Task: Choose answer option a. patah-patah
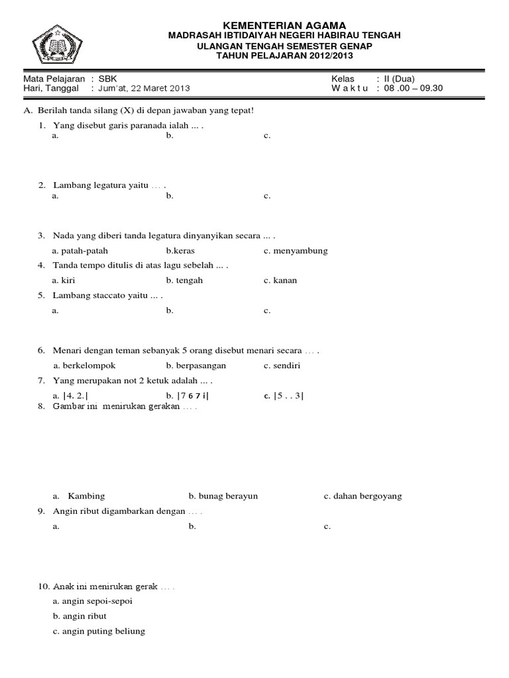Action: [80, 251]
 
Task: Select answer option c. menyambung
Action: [296, 251]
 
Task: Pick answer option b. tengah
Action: [185, 280]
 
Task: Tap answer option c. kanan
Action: [280, 280]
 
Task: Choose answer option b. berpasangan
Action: [197, 365]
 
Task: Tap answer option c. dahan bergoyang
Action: [363, 496]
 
